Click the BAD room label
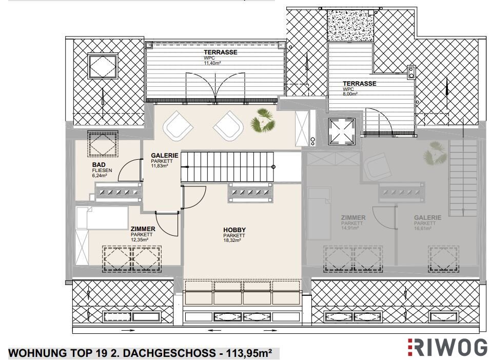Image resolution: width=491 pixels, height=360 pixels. point(99,165)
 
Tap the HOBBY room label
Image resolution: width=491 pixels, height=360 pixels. point(234,230)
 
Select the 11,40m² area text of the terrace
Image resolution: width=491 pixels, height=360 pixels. point(212,63)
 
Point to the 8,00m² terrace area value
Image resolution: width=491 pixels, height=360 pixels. point(350,93)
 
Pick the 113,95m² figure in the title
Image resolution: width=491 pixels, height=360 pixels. point(246,353)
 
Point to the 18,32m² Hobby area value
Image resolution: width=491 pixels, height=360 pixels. point(232,240)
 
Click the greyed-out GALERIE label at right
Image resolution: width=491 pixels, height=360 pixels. point(427,217)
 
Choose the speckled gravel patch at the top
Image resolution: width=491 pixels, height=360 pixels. point(350,26)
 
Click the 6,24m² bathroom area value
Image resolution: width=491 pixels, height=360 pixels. point(100,176)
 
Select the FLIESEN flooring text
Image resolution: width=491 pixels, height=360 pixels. point(102,170)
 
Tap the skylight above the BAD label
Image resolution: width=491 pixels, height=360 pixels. point(103,144)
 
